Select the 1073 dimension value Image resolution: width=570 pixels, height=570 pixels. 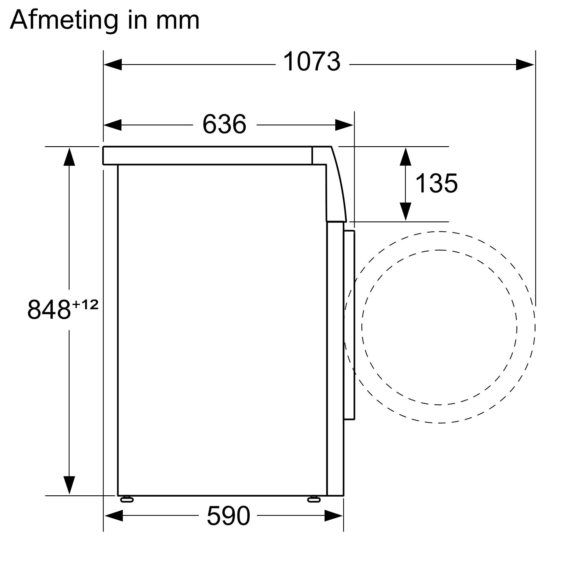[312, 62]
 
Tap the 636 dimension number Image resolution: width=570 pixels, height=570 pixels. [224, 124]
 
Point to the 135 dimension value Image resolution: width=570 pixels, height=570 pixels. [436, 183]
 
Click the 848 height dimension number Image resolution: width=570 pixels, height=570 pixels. [49, 310]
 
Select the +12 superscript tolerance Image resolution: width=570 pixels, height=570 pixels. [85, 304]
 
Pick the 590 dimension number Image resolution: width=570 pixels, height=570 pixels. [228, 516]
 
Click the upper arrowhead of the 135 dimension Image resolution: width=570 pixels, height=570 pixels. [405, 157]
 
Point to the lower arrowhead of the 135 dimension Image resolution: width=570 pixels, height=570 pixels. [405, 211]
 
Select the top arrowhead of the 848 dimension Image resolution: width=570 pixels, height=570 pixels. [69, 157]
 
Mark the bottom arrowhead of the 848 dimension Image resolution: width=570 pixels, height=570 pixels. [69, 485]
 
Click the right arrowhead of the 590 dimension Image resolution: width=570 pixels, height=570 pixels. [333, 516]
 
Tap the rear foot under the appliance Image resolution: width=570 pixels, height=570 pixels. [127, 500]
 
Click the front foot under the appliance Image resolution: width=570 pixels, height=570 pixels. [313, 500]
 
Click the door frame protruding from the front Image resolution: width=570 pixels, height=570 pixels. [349, 325]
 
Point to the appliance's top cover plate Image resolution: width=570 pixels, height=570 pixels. [207, 155]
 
